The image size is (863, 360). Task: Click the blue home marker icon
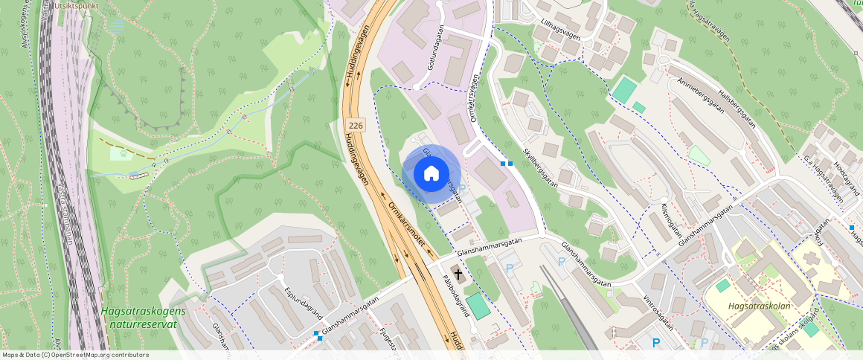431,174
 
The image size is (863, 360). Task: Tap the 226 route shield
355,126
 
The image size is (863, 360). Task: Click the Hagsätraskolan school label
759,306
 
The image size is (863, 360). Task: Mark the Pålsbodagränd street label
455,298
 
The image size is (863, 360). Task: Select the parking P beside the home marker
462,189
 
